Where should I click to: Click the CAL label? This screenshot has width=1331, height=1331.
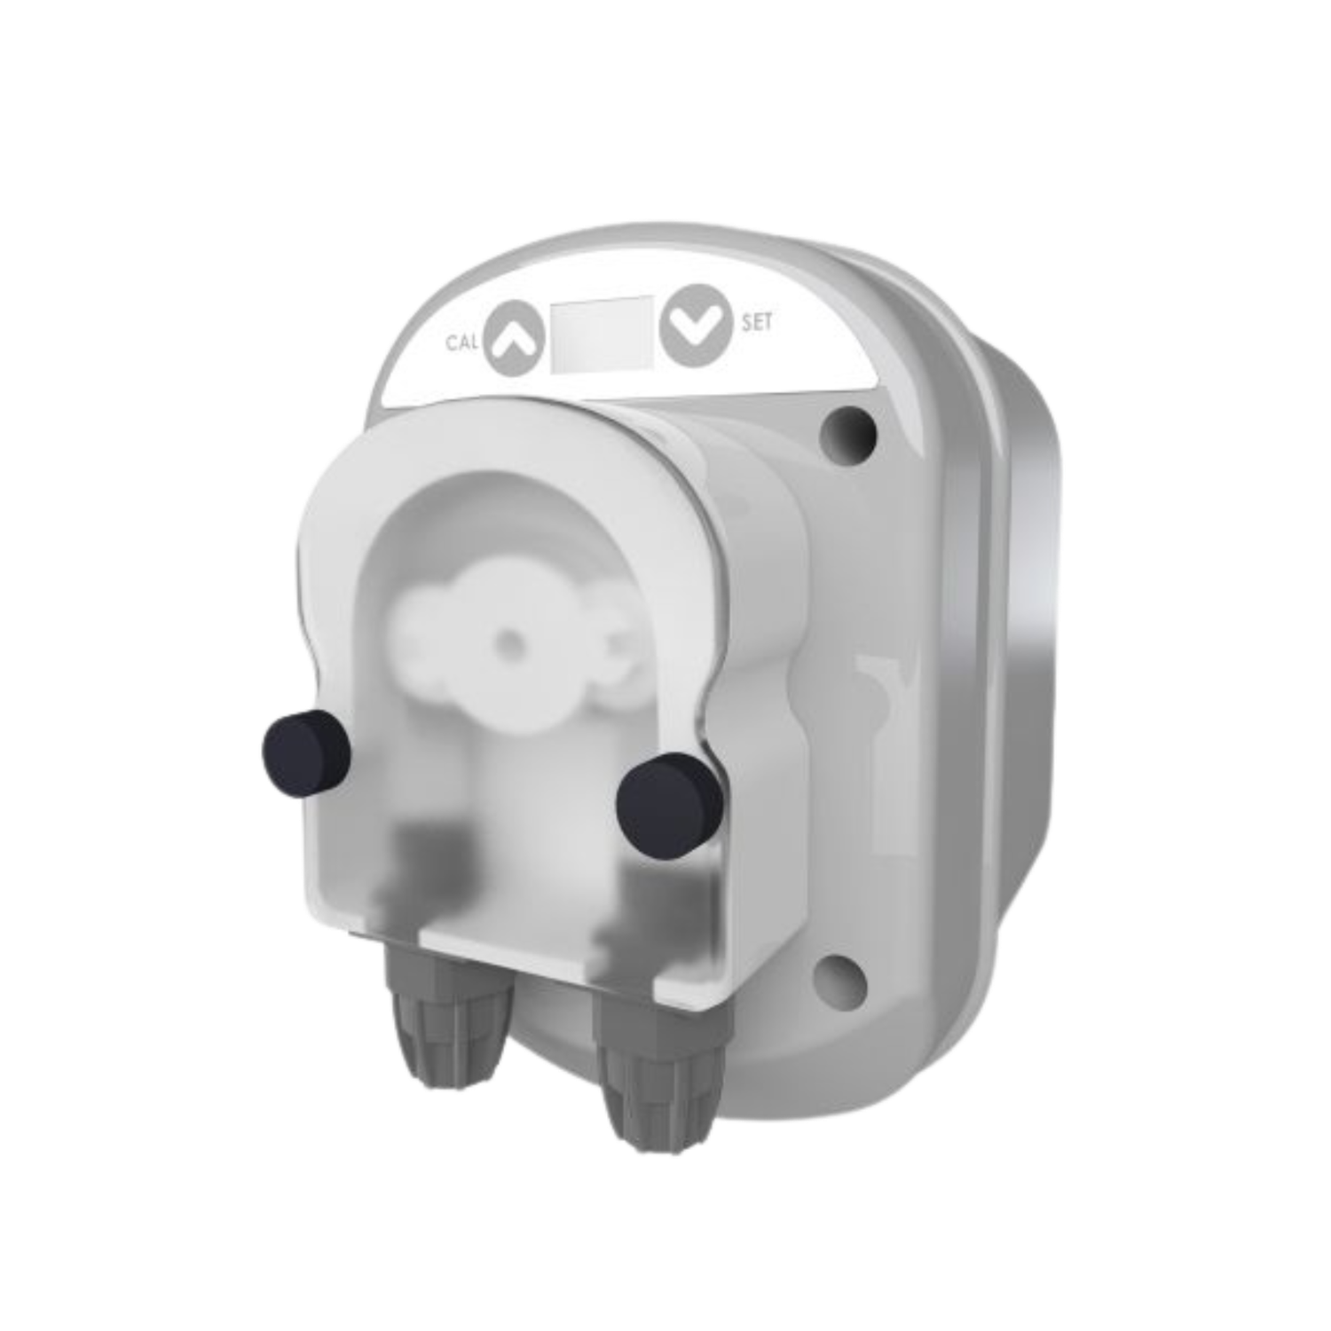(462, 343)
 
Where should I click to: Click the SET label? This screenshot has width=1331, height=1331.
(757, 323)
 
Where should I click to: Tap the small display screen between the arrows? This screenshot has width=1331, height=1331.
(602, 334)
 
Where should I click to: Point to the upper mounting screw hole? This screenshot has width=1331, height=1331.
(848, 429)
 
